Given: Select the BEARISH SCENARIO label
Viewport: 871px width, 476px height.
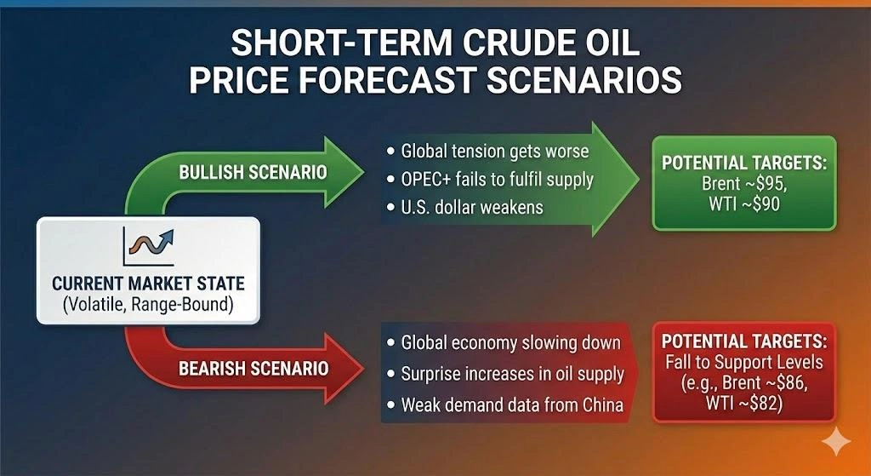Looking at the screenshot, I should tap(253, 369).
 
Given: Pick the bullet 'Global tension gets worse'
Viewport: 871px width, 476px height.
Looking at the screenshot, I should tap(489, 151).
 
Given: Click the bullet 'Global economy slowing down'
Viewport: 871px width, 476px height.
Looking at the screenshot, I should tap(503, 343).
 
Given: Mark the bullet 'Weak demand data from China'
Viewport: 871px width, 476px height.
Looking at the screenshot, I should tap(504, 403).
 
